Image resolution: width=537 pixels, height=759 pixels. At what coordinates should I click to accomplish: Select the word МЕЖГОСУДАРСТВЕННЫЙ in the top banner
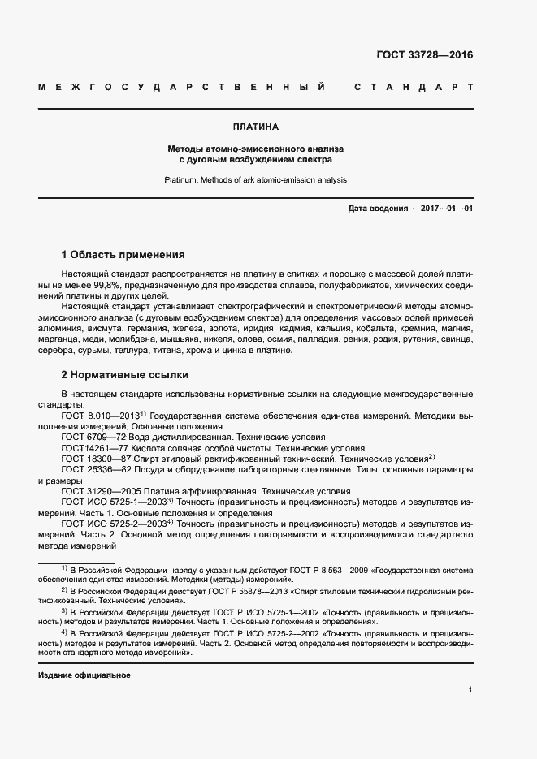pos(183,87)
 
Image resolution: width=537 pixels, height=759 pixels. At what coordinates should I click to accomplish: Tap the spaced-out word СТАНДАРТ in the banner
pos(414,87)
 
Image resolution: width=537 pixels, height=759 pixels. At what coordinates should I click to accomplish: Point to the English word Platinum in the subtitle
pos(182,180)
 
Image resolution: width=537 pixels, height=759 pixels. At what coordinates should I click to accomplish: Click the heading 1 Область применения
pos(123,254)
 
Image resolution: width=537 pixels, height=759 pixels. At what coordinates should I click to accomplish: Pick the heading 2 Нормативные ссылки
pos(125,375)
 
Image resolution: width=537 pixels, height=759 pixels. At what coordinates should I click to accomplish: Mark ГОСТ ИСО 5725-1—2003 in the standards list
pos(113,502)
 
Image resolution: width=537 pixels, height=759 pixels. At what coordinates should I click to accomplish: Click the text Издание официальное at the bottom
pos(84,675)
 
